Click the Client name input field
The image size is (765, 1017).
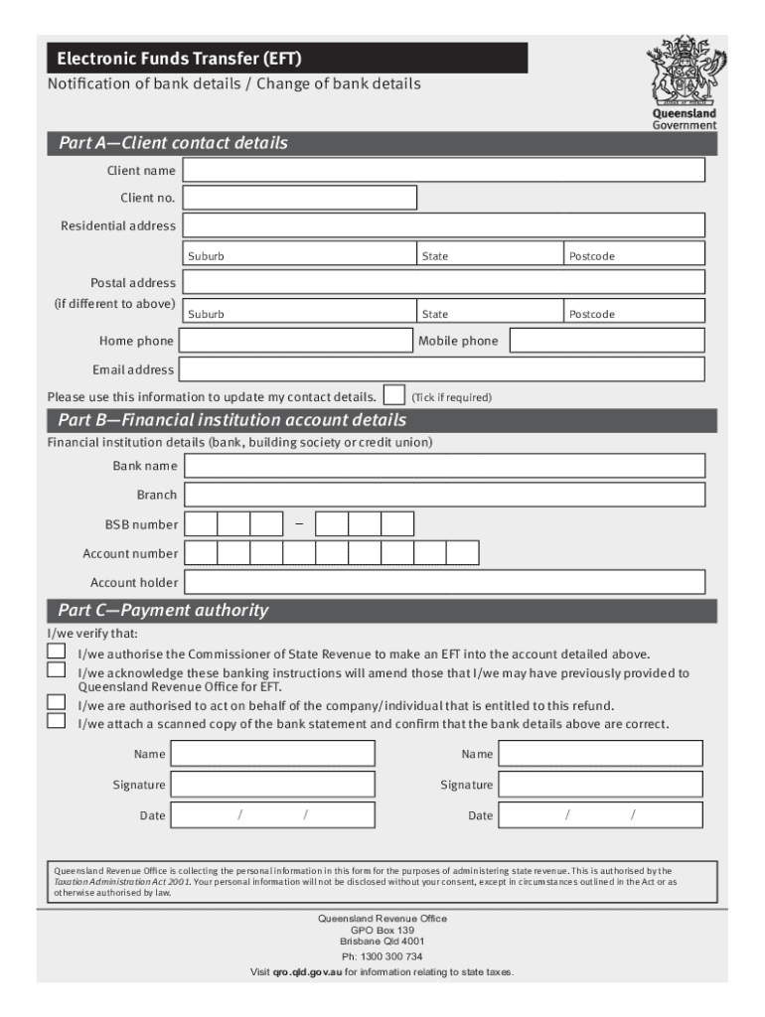[444, 170]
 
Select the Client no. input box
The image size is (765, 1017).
[300, 198]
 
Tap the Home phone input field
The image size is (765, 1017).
[295, 342]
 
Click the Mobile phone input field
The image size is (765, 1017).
[606, 342]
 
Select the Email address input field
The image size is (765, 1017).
[443, 369]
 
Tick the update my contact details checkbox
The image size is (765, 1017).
[393, 394]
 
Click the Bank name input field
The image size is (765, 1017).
[444, 466]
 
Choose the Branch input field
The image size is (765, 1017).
[444, 495]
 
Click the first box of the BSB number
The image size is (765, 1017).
[202, 523]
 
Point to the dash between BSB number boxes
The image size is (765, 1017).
[298, 523]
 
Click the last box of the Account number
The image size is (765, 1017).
[462, 552]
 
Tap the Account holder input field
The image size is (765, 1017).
[444, 582]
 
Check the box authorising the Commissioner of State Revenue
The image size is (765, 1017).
[58, 652]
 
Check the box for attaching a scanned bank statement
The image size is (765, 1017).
[58, 721]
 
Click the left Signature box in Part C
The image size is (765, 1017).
[272, 785]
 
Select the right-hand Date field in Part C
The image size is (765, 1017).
[601, 815]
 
